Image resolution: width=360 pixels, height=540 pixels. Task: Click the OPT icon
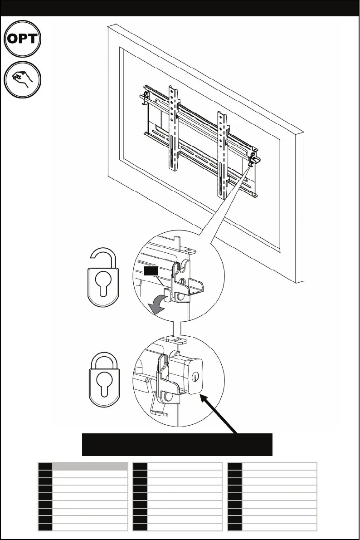tap(23, 39)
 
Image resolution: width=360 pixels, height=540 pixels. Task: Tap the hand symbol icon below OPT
tap(23, 79)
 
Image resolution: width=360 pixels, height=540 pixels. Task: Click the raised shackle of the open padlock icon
tap(104, 257)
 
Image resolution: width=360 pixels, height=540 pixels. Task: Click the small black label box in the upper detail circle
tap(151, 271)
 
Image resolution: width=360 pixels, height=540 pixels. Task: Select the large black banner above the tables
tap(177, 444)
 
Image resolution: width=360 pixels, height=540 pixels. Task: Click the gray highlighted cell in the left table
tap(90, 466)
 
